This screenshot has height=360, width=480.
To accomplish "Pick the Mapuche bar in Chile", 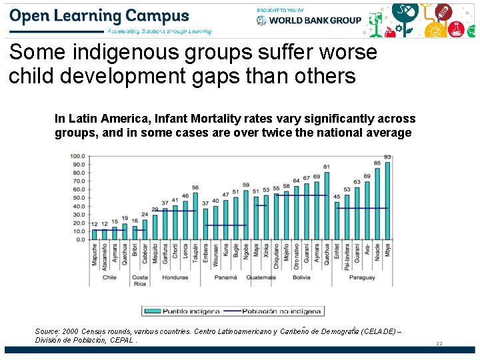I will coord(94,234).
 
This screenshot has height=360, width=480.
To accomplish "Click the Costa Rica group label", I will coord(140,281).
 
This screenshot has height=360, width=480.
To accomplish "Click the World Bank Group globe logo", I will coord(261,20).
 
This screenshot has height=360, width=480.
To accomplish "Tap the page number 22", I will coord(439,343).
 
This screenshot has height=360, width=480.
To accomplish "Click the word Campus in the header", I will coord(157,16).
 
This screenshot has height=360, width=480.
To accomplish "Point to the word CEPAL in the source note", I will coord(122,340).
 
